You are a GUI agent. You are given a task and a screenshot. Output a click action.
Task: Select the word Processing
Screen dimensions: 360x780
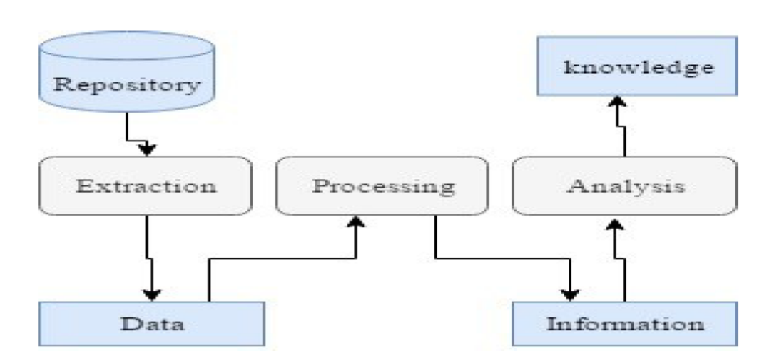[383, 185]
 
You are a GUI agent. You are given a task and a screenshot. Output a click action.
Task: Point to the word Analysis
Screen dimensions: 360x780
[625, 185]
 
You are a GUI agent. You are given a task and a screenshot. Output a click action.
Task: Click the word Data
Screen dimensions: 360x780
[152, 322]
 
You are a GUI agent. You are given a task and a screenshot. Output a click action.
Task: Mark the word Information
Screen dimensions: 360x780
[624, 322]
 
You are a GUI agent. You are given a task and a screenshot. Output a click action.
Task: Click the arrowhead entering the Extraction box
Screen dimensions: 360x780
[147, 149]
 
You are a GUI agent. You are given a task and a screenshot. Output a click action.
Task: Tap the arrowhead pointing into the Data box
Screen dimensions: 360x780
[151, 295]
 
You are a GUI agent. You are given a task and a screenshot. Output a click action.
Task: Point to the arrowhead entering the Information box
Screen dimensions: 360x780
[571, 295]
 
